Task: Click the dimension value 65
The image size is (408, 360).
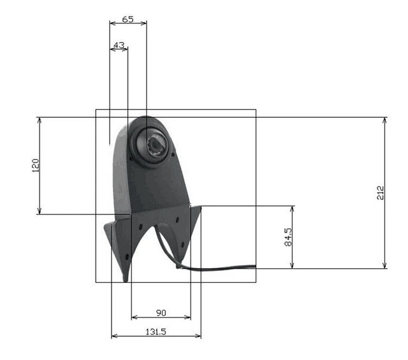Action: [x=127, y=19]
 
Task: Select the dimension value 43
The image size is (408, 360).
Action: [x=119, y=45]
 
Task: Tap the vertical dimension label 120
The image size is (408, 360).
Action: [x=35, y=166]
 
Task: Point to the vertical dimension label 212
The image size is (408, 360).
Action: [x=381, y=192]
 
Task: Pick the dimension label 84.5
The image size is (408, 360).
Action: [x=288, y=237]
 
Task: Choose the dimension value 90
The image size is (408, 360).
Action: [x=161, y=313]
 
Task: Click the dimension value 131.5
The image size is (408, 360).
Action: [x=156, y=332]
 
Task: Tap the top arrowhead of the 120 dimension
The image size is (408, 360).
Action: [x=40, y=120]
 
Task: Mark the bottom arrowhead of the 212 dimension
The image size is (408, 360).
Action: [x=384, y=265]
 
